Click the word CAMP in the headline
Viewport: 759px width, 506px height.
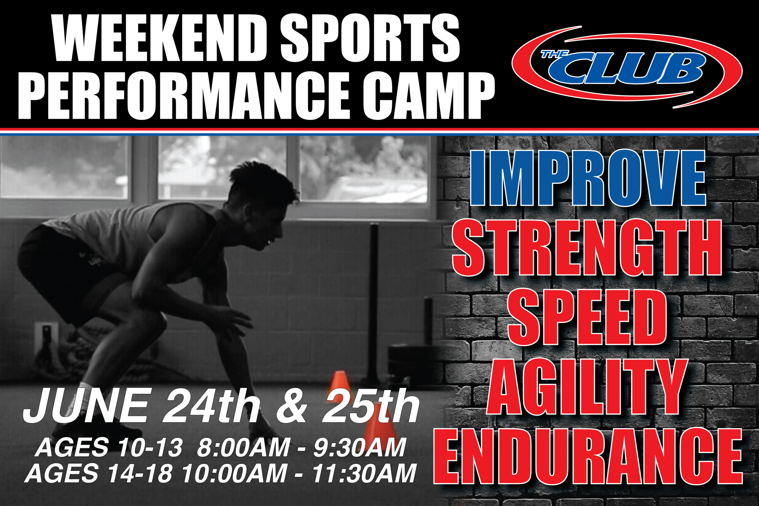[429, 95]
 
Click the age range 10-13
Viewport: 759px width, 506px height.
[150, 447]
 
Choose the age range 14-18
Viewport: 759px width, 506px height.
[140, 473]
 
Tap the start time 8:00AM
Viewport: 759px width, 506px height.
[243, 447]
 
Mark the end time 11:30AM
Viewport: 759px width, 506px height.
[364, 473]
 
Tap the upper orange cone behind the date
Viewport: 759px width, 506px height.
[339, 386]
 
